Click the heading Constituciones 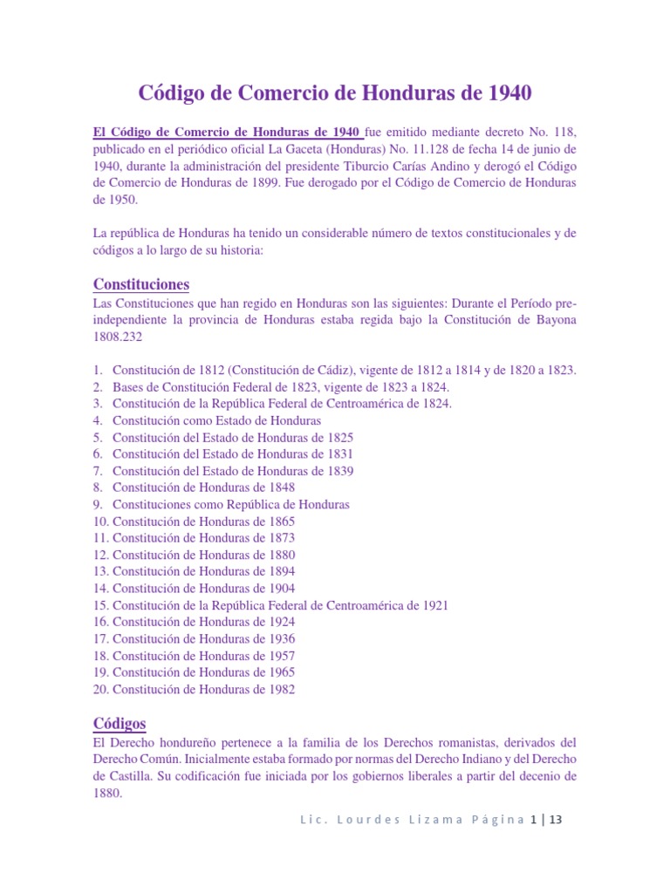(140, 284)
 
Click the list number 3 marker (98, 404)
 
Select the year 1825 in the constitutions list (337, 437)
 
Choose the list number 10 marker (99, 521)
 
